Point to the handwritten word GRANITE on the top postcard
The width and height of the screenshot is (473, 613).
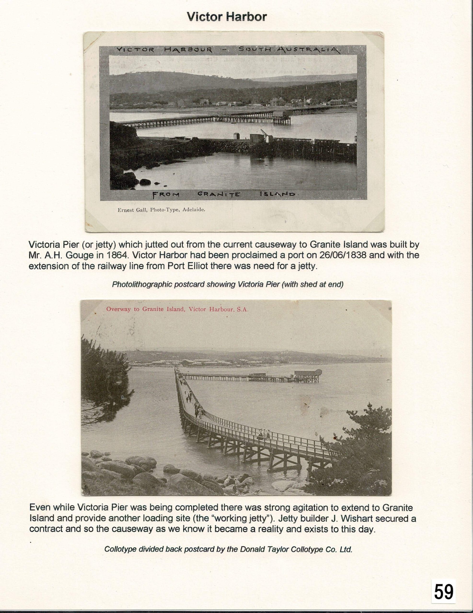coord(219,194)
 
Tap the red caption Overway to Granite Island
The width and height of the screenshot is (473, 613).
coord(177,309)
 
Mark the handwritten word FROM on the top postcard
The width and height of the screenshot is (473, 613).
coord(166,194)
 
